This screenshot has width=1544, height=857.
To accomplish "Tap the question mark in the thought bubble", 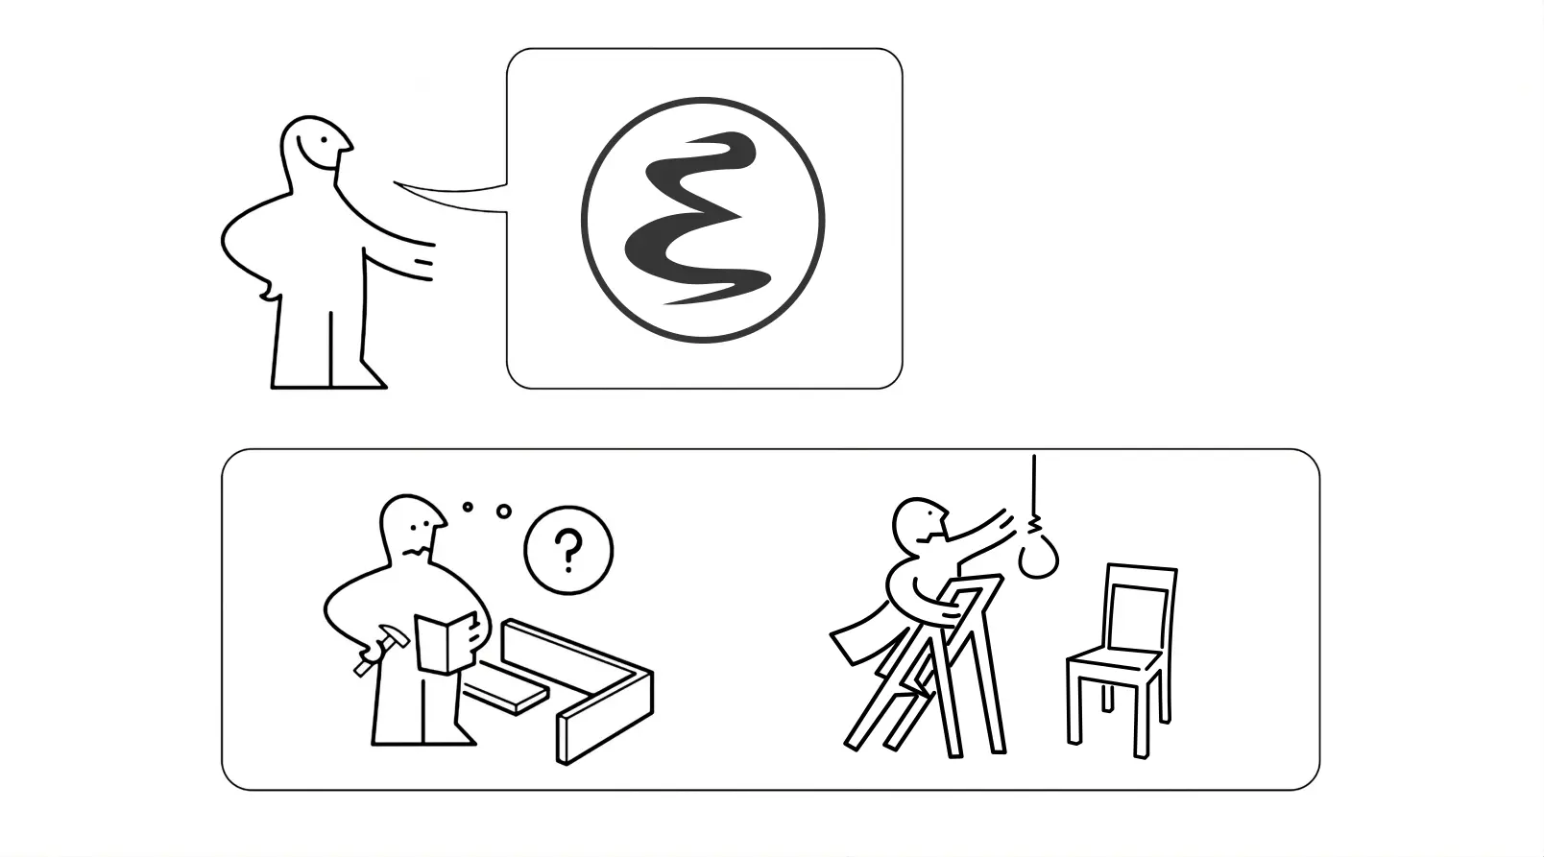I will (x=568, y=552).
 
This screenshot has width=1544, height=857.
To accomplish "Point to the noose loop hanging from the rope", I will (x=1038, y=558).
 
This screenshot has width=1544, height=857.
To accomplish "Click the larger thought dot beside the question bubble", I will (x=503, y=512).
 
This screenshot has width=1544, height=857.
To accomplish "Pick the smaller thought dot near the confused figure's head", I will (x=468, y=506).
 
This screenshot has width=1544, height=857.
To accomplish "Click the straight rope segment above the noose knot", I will (x=1034, y=485).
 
